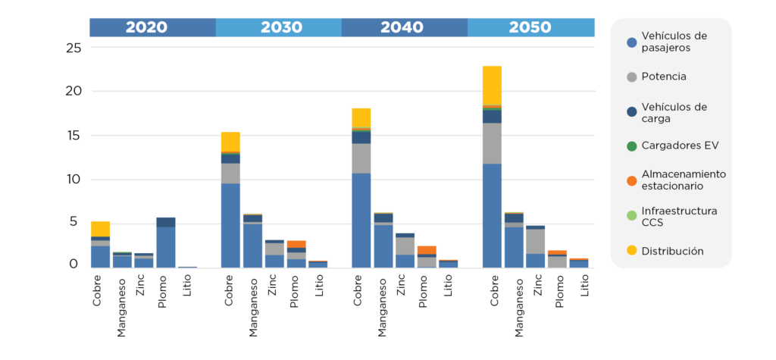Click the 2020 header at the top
tap(146, 27)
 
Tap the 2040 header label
tap(402, 27)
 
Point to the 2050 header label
tap(530, 27)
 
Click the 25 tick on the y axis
tap(73, 49)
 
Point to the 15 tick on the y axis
tap(73, 136)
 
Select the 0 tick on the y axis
tap(74, 265)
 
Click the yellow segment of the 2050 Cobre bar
tap(492, 85)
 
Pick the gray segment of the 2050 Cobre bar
tap(492, 143)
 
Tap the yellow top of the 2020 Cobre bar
tap(100, 228)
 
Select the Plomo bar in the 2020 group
tap(165, 243)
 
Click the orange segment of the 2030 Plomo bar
tap(296, 244)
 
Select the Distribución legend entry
tap(672, 251)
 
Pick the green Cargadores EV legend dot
tap(631, 145)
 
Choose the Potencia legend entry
tap(663, 77)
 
